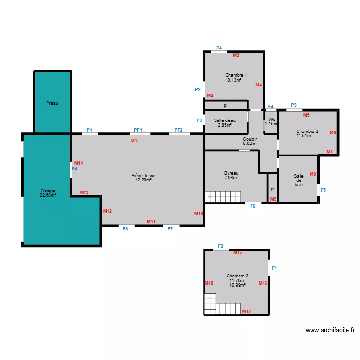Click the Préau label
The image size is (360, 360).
[52, 103]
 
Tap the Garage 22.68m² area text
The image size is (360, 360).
[48, 195]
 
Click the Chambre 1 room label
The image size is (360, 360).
[236, 75]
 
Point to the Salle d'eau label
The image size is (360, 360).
[225, 120]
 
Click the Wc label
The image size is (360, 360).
[272, 120]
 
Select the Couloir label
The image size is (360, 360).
[250, 139]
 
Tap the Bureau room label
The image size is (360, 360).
[231, 173]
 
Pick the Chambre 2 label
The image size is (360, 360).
[307, 132]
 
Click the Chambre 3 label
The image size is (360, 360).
[237, 276]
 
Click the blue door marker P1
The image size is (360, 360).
[89, 130]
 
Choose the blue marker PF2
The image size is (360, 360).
[179, 130]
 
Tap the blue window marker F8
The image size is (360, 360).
[125, 229]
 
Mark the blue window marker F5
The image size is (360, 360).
[323, 190]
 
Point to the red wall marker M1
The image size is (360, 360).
[134, 141]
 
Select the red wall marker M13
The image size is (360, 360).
[84, 192]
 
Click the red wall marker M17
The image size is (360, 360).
[246, 312]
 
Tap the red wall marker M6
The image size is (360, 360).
[333, 132]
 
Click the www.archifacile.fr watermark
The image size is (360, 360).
[330, 330]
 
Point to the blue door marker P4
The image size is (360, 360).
[74, 169]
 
